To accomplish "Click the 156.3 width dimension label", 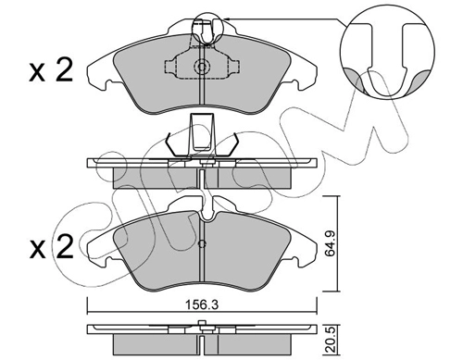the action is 202,304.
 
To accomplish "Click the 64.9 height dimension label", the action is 331,244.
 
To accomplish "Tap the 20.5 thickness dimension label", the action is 331,341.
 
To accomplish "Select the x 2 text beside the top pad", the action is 51,71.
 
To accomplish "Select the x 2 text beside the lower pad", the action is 51,247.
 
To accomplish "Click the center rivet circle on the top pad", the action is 202,67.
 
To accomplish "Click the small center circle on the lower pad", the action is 202,244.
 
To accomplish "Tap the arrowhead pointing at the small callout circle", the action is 225,19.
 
